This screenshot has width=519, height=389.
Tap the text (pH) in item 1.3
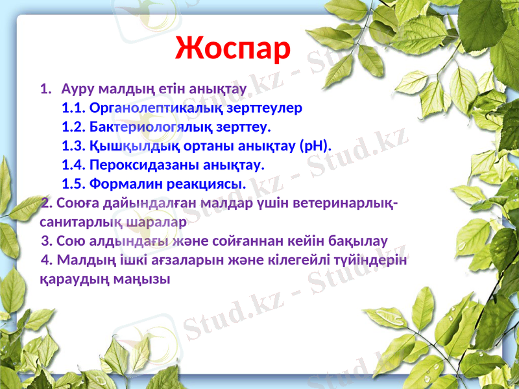pyautogui.click(x=315, y=144)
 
